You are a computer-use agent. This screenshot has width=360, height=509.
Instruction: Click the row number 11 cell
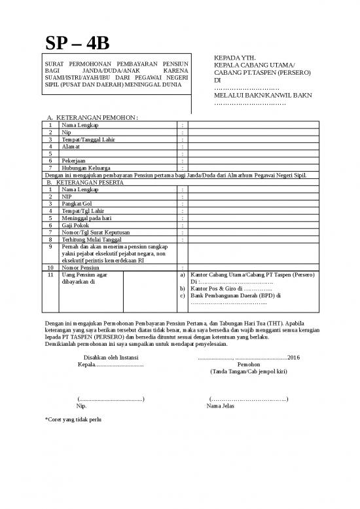(x=50, y=275)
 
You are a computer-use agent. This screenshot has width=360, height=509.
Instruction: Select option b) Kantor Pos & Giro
(x=240, y=288)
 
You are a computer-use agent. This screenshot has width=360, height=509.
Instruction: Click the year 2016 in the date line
(x=293, y=358)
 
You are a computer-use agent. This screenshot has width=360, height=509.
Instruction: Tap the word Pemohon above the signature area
(x=248, y=364)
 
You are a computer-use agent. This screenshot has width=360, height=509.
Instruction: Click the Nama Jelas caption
(x=221, y=406)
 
